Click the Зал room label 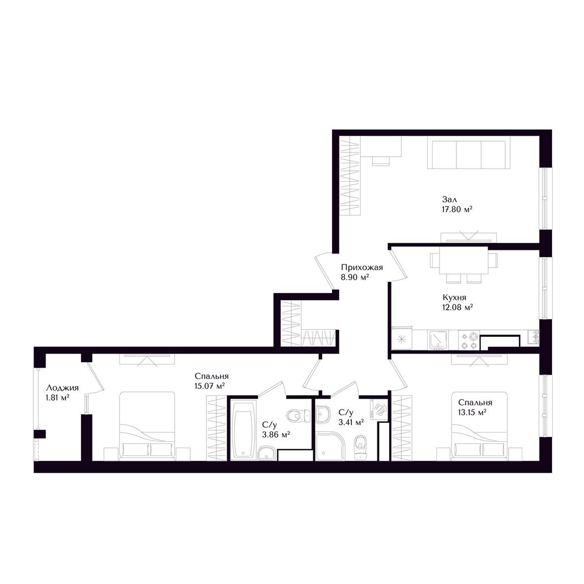point(449,200)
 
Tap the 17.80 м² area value point(457,209)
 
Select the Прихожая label point(362,267)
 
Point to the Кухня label point(454,297)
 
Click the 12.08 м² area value point(458,307)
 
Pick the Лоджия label point(62,388)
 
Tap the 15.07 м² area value point(210,386)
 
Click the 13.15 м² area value point(473,412)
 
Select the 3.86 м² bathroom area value point(276,434)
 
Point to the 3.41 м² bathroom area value point(351,422)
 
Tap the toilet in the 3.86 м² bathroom point(298,415)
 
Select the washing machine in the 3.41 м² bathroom point(379,408)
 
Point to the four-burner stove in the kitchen point(469,341)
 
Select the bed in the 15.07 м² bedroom point(147,426)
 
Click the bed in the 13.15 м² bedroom point(479,426)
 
